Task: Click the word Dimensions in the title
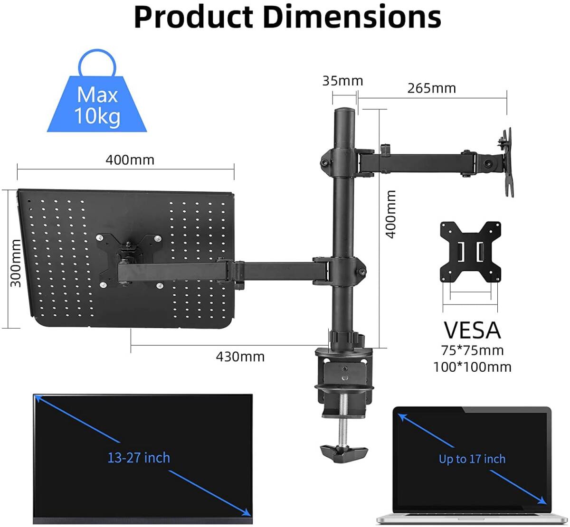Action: pos(352,17)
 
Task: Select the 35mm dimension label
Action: pos(342,81)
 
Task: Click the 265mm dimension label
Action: pos(431,88)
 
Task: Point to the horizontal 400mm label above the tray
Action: pos(130,160)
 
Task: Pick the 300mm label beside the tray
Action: pos(16,263)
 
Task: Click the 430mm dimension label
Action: pos(240,357)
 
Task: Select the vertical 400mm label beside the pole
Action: pos(390,214)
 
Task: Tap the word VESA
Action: pos(472,330)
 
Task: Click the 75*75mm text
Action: pos(472,350)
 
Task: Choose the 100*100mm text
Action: pos(472,367)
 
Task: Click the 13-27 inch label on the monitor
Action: pos(139,458)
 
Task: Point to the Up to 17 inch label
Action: pos(472,459)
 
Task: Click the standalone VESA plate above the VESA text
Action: pos(470,251)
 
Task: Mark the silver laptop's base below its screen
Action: pos(472,518)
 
